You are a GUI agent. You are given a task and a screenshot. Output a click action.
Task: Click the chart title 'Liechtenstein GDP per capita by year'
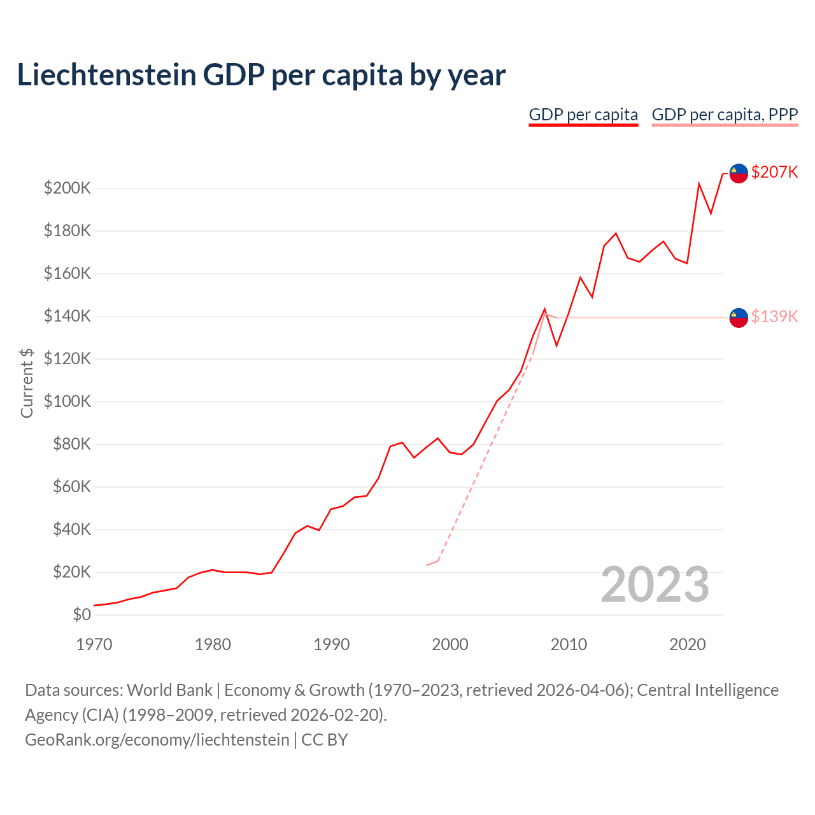pyautogui.click(x=261, y=75)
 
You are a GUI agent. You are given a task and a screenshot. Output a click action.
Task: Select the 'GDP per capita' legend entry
pyautogui.click(x=583, y=115)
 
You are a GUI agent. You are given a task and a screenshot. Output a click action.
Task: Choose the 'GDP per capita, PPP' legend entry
pyautogui.click(x=725, y=115)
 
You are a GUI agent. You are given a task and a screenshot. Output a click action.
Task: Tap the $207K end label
pyautogui.click(x=774, y=172)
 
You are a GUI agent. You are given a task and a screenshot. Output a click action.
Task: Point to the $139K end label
pyautogui.click(x=774, y=316)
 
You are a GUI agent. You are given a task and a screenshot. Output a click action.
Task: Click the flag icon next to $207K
pyautogui.click(x=739, y=173)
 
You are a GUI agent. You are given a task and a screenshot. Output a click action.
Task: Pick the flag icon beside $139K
pyautogui.click(x=739, y=317)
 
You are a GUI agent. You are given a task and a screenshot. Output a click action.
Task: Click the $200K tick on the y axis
pyautogui.click(x=67, y=188)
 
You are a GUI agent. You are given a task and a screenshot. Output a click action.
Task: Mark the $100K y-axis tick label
pyautogui.click(x=67, y=402)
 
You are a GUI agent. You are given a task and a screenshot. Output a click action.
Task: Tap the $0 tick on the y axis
pyautogui.click(x=81, y=614)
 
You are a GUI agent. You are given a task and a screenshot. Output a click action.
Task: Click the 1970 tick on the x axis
pyautogui.click(x=94, y=644)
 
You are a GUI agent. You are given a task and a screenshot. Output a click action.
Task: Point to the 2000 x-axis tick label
pyautogui.click(x=450, y=644)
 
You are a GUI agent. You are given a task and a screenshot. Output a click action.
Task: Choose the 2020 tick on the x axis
pyautogui.click(x=688, y=644)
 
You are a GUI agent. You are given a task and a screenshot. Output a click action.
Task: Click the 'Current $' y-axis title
pyautogui.click(x=27, y=383)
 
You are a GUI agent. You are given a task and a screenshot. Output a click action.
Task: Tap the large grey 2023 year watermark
pyautogui.click(x=655, y=585)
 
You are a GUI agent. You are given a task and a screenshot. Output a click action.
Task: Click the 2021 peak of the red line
pyautogui.click(x=699, y=184)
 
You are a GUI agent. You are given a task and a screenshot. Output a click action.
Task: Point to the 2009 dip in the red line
pyautogui.click(x=556, y=346)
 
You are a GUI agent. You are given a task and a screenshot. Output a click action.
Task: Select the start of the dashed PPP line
pyautogui.click(x=427, y=565)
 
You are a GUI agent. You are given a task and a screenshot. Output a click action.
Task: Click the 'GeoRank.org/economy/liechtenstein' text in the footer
pyautogui.click(x=157, y=740)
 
